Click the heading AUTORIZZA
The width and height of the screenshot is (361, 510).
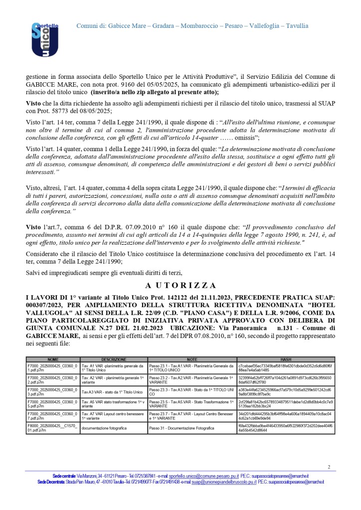click(x=180, y=286)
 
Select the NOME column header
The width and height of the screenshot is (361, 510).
click(x=53, y=359)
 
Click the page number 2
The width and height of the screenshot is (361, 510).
click(x=329, y=467)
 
